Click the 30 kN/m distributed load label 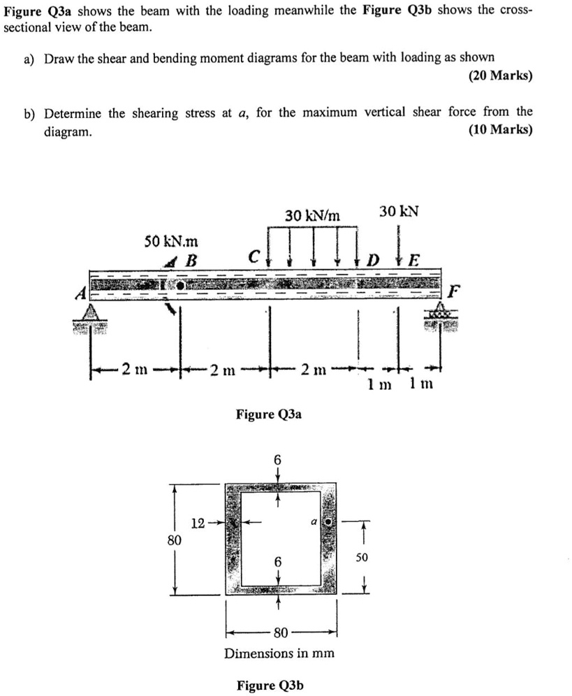point(312,216)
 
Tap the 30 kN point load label point(399,210)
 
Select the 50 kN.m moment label point(170,242)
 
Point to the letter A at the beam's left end point(81,293)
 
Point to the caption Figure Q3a point(269,415)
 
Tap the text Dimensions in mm point(279,653)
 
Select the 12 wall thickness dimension point(198,522)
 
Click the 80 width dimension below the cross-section point(280,634)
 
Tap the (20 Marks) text point(500,75)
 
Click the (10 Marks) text point(500,130)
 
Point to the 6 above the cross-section point(277,460)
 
